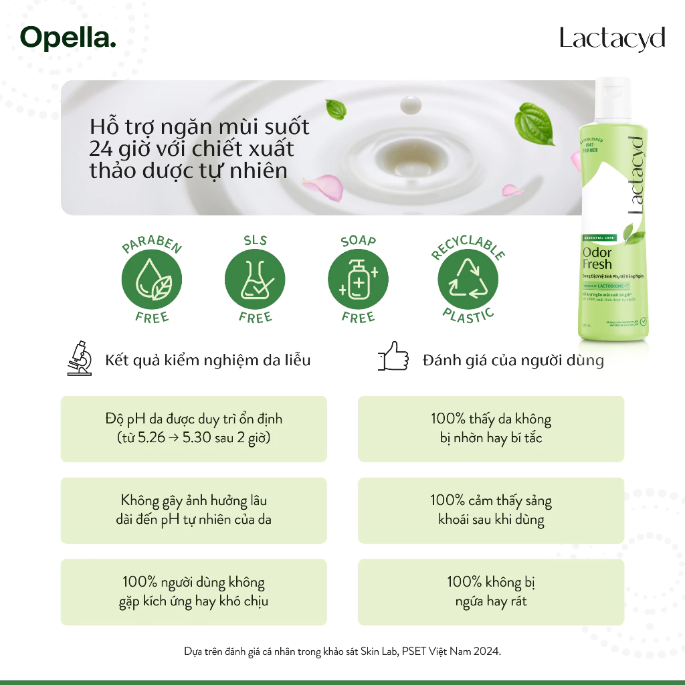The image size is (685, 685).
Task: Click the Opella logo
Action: (x=68, y=37)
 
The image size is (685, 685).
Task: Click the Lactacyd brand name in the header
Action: (x=612, y=39)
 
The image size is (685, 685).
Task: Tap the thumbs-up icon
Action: (x=393, y=357)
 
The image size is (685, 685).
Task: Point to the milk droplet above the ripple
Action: (x=407, y=105)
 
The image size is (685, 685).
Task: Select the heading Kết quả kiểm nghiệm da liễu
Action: (x=208, y=361)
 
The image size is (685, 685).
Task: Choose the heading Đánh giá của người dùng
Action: (x=513, y=361)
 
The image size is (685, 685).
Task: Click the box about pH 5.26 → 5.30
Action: (x=194, y=429)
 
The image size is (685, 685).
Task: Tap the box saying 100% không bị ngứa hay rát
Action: (x=491, y=592)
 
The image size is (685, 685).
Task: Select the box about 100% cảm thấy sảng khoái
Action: (x=491, y=510)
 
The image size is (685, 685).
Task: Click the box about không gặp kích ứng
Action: (x=194, y=592)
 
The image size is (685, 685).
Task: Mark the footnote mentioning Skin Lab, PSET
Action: (x=342, y=651)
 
